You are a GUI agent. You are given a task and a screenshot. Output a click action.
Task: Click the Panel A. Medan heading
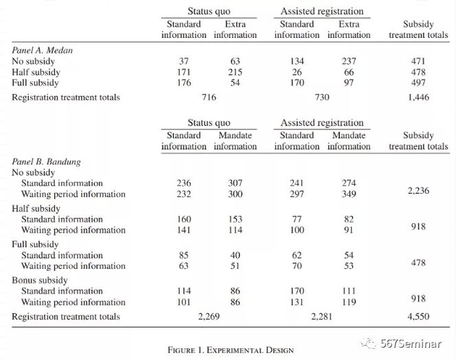(43, 50)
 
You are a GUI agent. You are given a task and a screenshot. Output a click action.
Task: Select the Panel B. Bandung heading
(47, 161)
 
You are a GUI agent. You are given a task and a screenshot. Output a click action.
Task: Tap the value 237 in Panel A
(349, 61)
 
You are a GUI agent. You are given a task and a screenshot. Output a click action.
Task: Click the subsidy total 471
(418, 61)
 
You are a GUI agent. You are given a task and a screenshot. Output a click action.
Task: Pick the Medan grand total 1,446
(418, 98)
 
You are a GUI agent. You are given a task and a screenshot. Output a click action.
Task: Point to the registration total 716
(209, 98)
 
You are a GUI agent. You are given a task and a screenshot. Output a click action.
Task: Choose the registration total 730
(321, 98)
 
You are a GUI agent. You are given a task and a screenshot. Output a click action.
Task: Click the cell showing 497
(418, 83)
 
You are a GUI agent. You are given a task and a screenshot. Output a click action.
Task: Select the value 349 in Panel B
(349, 194)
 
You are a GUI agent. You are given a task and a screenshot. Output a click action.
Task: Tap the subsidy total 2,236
(418, 190)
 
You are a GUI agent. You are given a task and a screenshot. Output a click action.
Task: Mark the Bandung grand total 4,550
(418, 317)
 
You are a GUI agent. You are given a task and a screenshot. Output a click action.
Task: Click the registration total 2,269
(209, 317)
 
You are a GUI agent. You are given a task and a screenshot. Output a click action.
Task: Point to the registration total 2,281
(321, 317)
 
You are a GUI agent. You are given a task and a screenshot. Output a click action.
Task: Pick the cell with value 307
(235, 183)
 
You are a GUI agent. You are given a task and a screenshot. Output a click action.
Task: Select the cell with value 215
(235, 72)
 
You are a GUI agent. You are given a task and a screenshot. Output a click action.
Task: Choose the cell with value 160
(183, 219)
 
